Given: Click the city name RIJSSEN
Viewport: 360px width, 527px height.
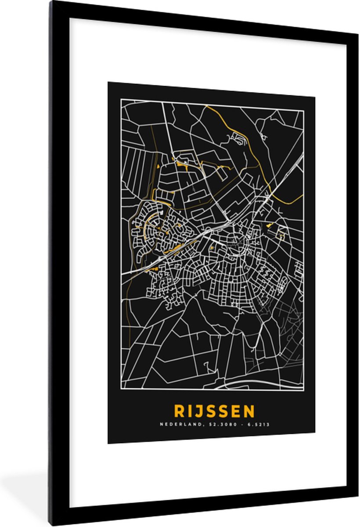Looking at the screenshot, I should coord(214,411).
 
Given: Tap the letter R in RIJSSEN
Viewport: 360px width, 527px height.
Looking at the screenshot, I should coord(179,411).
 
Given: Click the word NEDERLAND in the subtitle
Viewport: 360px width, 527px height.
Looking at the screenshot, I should coord(177,424).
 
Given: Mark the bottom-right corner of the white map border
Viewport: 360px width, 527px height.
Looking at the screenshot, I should coord(303,390).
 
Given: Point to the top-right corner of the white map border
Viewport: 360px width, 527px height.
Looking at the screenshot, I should coord(303,111).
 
